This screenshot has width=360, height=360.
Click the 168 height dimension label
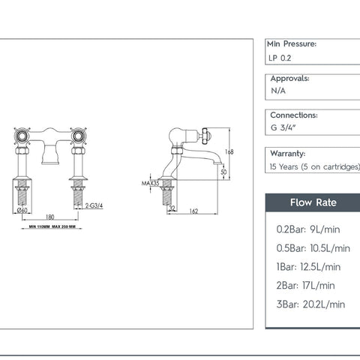coord(229,151)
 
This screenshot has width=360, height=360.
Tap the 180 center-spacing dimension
coord(50,217)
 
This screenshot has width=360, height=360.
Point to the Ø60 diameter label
coord(22,210)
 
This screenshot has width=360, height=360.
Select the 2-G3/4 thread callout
coord(94,205)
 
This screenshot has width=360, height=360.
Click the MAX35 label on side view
coord(150,183)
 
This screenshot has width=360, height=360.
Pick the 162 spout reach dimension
coord(193,211)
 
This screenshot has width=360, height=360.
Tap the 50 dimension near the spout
coord(223,172)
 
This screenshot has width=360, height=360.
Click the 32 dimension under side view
coord(172,208)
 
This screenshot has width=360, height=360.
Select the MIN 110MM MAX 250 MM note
coord(52,226)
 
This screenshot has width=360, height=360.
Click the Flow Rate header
coord(313,202)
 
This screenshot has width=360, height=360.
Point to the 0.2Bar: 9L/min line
coord(308,229)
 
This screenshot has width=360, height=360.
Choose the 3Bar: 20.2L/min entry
coord(310,304)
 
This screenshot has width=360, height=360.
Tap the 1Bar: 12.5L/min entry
coord(308,267)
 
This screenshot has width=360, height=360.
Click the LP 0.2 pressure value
coord(280,58)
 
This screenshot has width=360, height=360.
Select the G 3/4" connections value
coord(283,127)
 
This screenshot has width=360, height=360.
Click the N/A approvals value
coord(278,91)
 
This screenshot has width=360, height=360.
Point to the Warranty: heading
coord(288,153)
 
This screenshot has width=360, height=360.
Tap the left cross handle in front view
coord(22,136)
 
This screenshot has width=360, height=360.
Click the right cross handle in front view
coord(79,136)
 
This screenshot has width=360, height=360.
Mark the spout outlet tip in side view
coord(217,163)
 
